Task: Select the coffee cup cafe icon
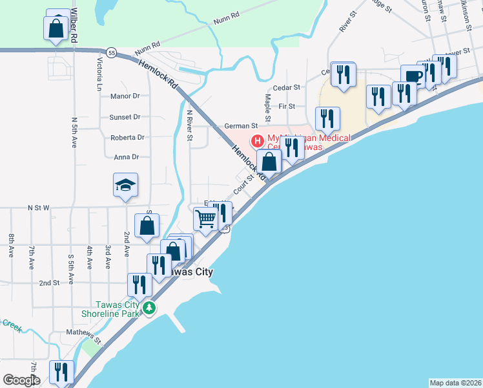pyautogui.click(x=412, y=76)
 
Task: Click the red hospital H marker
pyautogui.click(x=257, y=140)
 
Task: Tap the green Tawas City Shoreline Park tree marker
pyautogui.click(x=150, y=308)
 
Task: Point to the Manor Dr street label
pyautogui.click(x=125, y=96)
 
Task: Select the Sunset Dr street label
pyautogui.click(x=125, y=117)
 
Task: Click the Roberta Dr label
pyautogui.click(x=127, y=138)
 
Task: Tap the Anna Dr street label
pyautogui.click(x=127, y=157)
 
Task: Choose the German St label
pyautogui.click(x=241, y=126)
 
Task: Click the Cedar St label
pyautogui.click(x=287, y=87)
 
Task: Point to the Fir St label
pyautogui.click(x=287, y=106)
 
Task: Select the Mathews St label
pyautogui.click(x=84, y=336)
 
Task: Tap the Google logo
pyautogui.click(x=21, y=380)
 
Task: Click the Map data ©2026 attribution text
pyautogui.click(x=455, y=383)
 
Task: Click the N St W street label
pyautogui.click(x=38, y=208)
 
